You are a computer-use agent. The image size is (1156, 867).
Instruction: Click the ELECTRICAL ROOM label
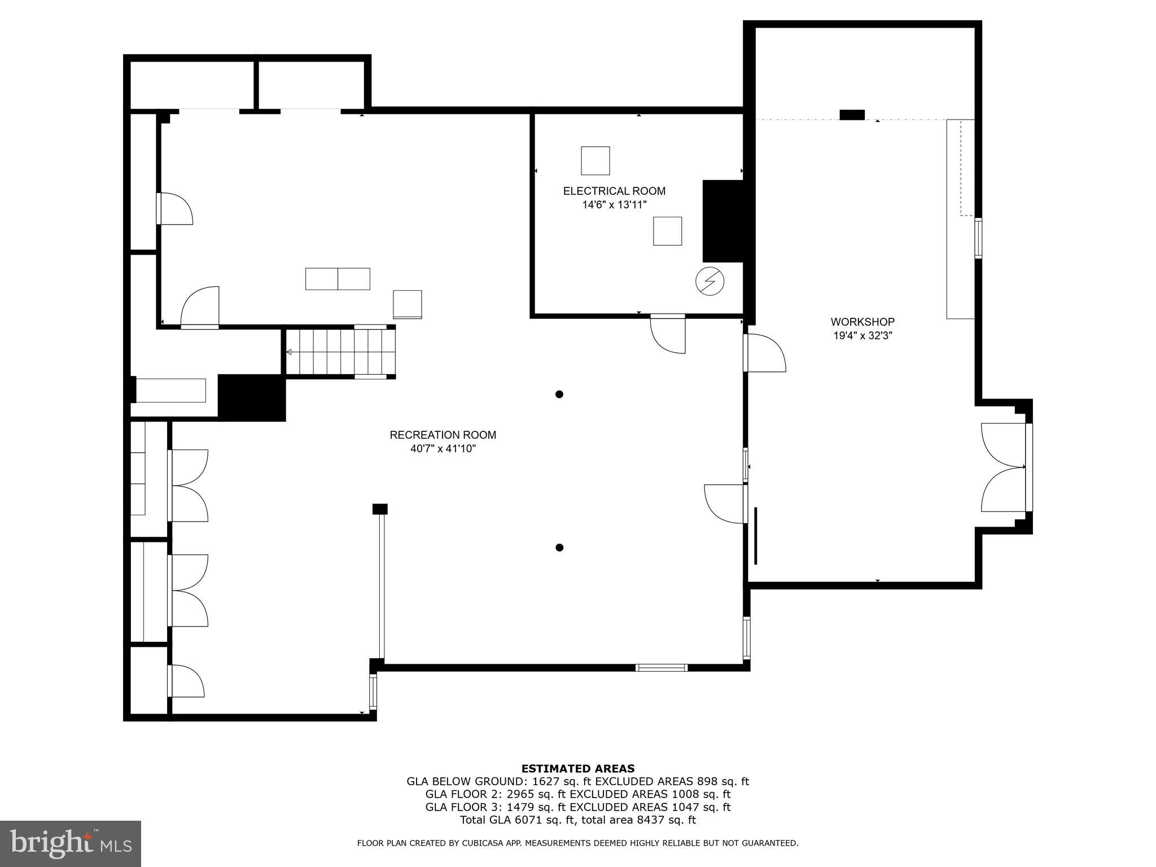[614, 191]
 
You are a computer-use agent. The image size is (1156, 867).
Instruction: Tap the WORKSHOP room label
[862, 322]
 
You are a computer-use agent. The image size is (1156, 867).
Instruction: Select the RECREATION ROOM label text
[443, 435]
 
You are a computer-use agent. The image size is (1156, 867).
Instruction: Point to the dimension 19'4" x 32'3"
[862, 336]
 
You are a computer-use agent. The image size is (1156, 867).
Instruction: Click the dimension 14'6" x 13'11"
[614, 205]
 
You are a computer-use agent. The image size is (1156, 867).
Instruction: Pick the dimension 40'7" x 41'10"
[443, 449]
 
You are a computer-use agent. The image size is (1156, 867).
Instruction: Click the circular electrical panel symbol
[710, 281]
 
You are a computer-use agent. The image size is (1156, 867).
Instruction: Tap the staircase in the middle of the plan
[340, 352]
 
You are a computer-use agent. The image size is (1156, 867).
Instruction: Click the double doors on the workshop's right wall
[1004, 467]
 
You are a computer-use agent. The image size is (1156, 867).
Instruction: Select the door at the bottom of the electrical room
[668, 334]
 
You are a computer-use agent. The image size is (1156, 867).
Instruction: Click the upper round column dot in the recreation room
[559, 394]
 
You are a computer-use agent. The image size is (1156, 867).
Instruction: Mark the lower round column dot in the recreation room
[559, 547]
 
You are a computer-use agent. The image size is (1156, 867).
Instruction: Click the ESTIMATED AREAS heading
[577, 768]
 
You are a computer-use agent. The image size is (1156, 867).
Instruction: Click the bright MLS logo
[70, 843]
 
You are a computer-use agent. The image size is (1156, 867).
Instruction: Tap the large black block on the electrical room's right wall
[722, 221]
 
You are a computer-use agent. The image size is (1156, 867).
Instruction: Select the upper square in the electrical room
[595, 161]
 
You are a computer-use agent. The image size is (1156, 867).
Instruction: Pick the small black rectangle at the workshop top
[852, 115]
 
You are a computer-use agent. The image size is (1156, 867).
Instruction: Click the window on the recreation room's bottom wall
[661, 667]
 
